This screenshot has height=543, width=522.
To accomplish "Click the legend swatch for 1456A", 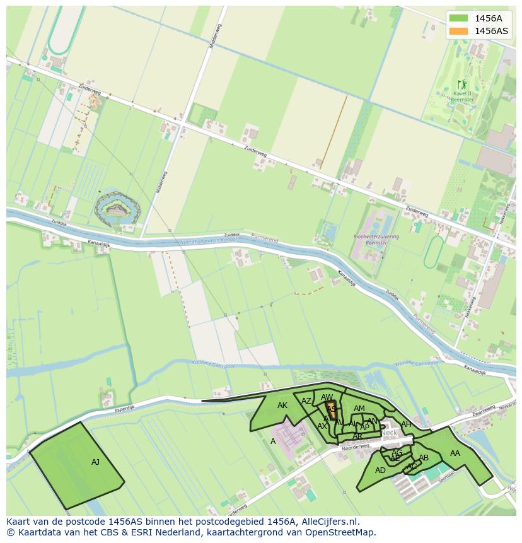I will (x=459, y=18).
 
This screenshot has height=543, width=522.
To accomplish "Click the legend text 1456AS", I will (x=491, y=31).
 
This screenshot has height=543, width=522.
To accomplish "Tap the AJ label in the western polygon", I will (x=95, y=462).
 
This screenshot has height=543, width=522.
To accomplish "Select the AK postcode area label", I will (x=282, y=406).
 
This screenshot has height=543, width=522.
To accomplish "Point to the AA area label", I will (x=455, y=453).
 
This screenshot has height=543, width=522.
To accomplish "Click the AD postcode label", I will (x=380, y=470).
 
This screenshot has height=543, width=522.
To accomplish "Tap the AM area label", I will (x=359, y=409).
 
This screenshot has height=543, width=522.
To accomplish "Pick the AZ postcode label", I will (x=306, y=401).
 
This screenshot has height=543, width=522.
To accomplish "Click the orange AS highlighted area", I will (x=330, y=409).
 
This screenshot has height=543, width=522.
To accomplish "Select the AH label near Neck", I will (x=406, y=424).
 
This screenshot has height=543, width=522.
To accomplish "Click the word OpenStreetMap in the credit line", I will (x=343, y=532).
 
